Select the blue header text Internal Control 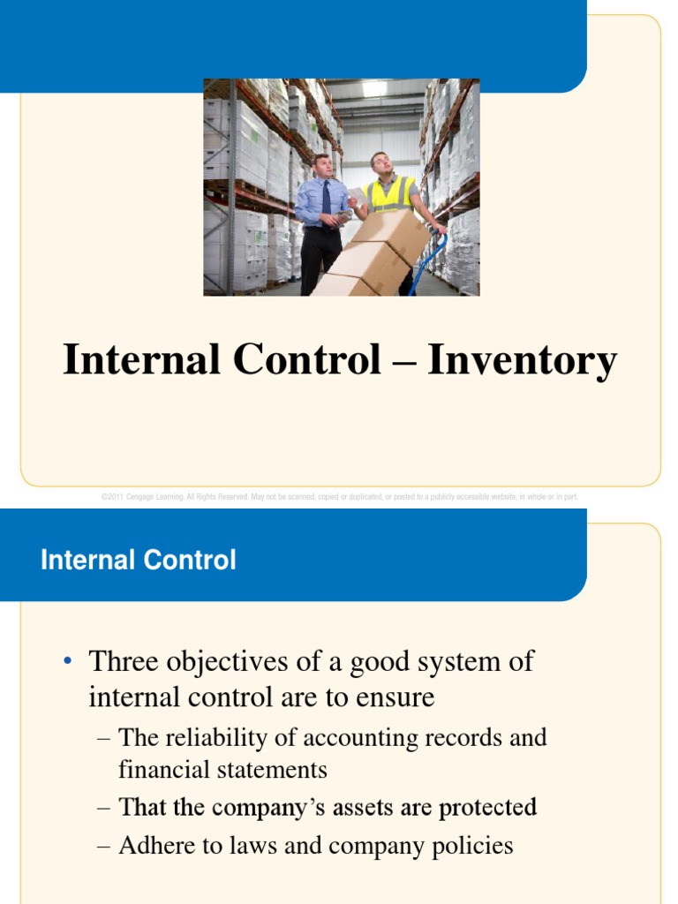click(x=139, y=560)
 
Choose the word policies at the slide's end click(x=471, y=847)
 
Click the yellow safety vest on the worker click(x=389, y=196)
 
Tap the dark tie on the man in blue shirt click(x=326, y=199)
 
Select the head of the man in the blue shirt click(x=323, y=165)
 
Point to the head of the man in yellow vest click(x=380, y=162)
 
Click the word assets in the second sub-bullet click(x=369, y=807)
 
